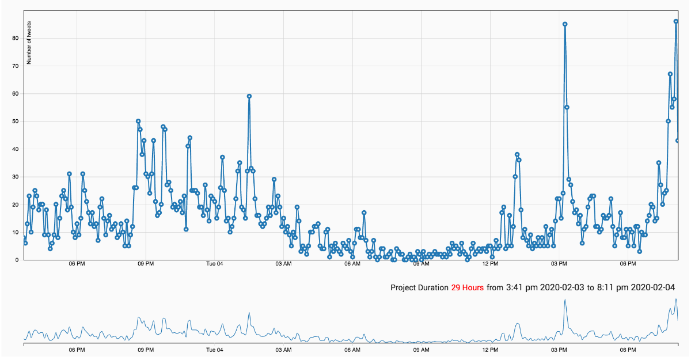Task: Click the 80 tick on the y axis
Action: [16, 38]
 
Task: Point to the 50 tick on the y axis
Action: [16, 122]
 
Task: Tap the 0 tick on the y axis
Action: [17, 260]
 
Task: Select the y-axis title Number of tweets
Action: [29, 43]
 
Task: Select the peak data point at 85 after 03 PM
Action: [565, 24]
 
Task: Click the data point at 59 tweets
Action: [249, 96]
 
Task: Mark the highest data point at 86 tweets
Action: [676, 21]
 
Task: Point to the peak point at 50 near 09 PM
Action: [138, 121]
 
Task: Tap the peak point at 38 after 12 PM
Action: [517, 154]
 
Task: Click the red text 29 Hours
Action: [467, 287]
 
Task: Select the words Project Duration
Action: [419, 287]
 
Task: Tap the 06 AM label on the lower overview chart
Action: [352, 349]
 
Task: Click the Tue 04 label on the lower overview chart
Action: [214, 349]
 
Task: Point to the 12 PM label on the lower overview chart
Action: [490, 349]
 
